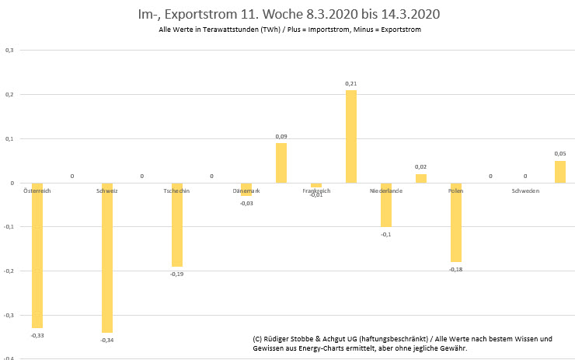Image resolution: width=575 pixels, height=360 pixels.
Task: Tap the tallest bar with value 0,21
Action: (x=351, y=136)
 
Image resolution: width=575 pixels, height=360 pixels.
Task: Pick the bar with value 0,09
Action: (x=281, y=163)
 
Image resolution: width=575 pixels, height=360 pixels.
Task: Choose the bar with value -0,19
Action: (x=177, y=225)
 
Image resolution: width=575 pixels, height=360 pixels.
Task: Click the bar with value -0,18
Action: (x=456, y=222)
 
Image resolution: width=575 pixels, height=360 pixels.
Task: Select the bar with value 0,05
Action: (x=560, y=172)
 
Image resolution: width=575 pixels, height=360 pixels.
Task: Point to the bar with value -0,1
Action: (x=386, y=204)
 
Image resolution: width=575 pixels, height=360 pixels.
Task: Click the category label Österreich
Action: (x=37, y=190)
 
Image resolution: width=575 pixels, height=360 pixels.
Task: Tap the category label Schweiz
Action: (x=107, y=190)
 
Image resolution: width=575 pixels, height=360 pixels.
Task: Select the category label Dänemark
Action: (x=246, y=190)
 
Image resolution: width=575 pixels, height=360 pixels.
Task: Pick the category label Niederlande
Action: (x=386, y=190)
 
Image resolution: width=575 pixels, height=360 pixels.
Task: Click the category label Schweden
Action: (x=525, y=190)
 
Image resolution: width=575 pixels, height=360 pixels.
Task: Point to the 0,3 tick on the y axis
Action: (x=9, y=51)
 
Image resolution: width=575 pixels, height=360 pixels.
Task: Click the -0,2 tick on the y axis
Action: (x=9, y=271)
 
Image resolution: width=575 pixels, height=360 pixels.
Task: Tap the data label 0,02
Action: (x=420, y=167)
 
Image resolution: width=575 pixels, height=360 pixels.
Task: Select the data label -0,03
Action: (x=246, y=203)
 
